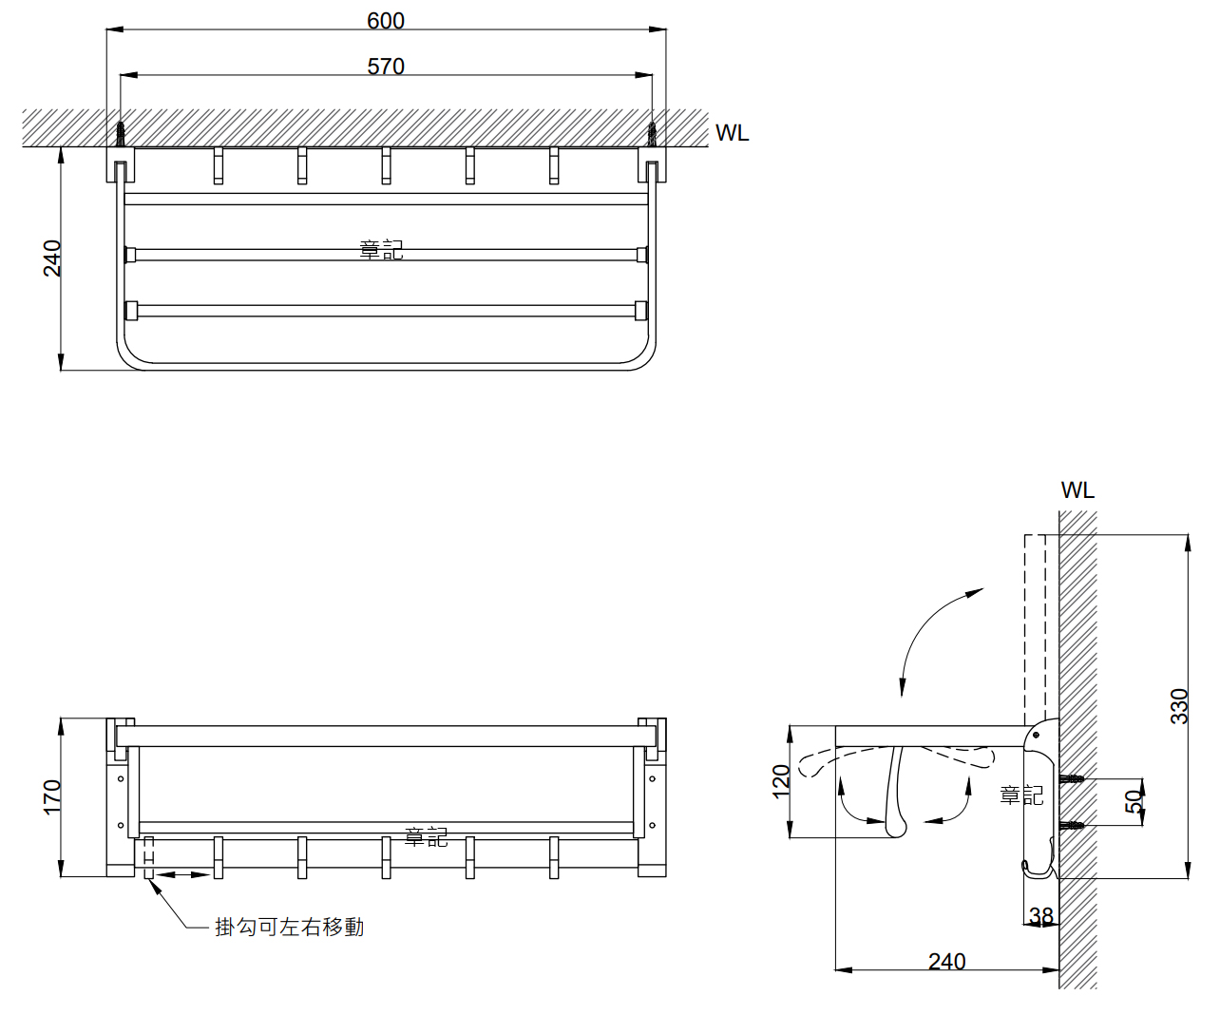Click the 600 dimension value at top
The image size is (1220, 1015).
(386, 21)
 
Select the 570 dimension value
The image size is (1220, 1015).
(386, 67)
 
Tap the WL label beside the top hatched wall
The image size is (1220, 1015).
(732, 133)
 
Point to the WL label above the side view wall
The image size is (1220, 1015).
(1077, 490)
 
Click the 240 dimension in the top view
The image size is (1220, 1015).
(53, 259)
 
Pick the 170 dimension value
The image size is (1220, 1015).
(53, 796)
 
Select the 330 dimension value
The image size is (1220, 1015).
(1179, 706)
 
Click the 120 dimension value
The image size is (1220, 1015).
(782, 781)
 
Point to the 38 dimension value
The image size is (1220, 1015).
(1041, 915)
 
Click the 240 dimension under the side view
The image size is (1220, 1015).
(946, 961)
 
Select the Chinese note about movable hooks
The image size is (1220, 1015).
(290, 927)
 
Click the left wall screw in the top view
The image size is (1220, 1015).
(121, 133)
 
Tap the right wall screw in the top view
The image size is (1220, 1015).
(652, 133)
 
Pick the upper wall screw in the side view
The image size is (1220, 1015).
(1072, 779)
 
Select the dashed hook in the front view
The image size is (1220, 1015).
(148, 856)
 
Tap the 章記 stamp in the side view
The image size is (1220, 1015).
(1021, 795)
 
